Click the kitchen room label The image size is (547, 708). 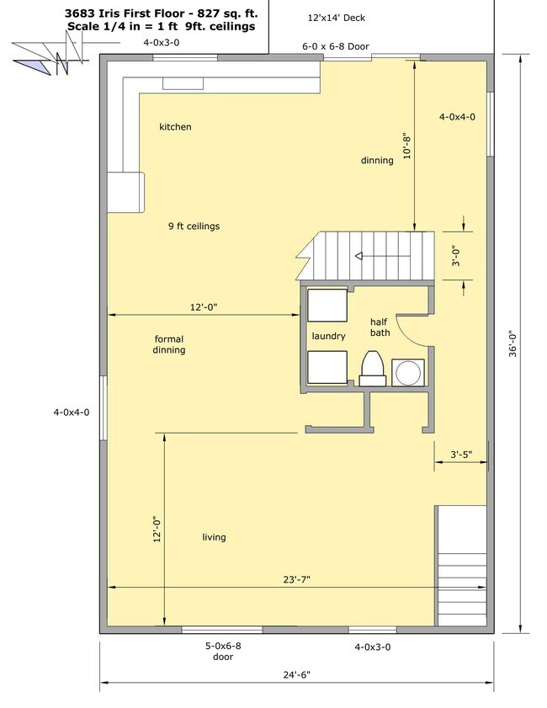(175, 127)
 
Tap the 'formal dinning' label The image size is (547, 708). (169, 344)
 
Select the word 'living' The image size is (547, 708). (214, 537)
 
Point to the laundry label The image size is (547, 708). (328, 336)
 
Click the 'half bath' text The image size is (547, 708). (380, 327)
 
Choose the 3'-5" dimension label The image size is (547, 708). (460, 455)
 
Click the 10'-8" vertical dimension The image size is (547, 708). (406, 146)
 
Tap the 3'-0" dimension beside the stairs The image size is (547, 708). (455, 256)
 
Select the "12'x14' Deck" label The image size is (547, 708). (337, 18)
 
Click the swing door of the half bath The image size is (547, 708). (412, 326)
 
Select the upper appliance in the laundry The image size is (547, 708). (326, 304)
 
